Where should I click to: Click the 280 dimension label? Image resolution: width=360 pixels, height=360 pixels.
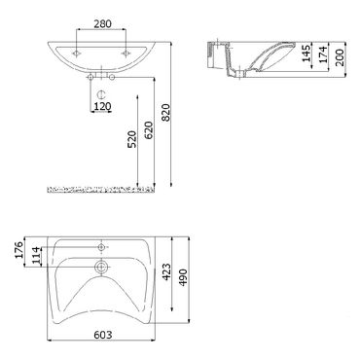tap(102, 23)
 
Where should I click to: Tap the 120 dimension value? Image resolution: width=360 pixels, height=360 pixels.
tap(102, 106)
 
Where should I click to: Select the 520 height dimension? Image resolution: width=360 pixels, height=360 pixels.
tap(132, 139)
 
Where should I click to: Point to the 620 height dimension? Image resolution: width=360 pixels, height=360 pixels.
tap(149, 130)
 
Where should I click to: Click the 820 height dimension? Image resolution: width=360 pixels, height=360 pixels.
tap(165, 112)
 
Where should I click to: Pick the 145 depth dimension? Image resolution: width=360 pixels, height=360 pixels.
tap(306, 53)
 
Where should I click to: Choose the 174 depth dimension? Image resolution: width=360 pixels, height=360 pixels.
tap(323, 54)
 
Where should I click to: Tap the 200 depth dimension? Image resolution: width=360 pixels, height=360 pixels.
tap(340, 57)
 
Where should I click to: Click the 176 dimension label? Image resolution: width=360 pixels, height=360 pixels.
tap(18, 250)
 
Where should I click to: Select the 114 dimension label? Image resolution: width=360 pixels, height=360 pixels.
tap(36, 256)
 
